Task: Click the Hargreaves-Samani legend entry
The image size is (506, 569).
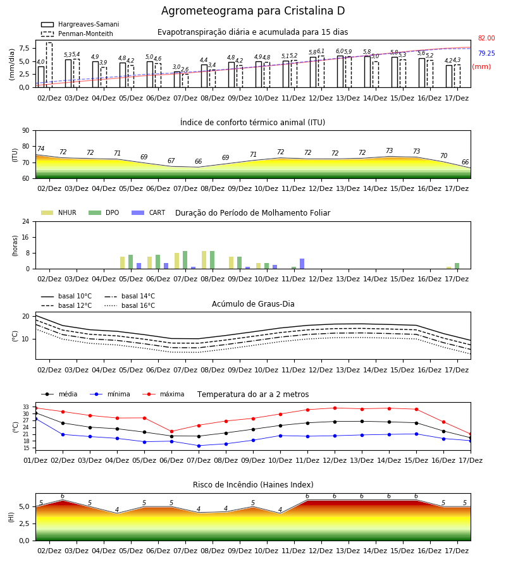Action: click(x=80, y=24)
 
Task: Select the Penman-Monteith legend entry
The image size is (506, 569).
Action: click(x=77, y=34)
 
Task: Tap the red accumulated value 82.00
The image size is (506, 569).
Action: click(x=486, y=38)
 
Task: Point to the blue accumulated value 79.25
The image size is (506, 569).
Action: click(x=486, y=53)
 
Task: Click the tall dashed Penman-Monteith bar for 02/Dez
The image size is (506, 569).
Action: click(x=49, y=65)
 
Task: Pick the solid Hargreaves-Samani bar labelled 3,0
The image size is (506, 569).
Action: click(x=177, y=80)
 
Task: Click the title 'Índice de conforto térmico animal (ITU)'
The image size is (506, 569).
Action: click(x=252, y=122)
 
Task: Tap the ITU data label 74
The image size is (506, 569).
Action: click(x=40, y=149)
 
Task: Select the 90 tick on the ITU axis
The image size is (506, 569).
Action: click(x=26, y=131)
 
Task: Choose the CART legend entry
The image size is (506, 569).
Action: click(x=149, y=212)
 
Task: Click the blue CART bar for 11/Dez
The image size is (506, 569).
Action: click(x=302, y=264)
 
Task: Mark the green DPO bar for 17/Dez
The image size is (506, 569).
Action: click(x=457, y=266)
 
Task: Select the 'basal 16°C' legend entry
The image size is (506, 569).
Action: click(x=130, y=305)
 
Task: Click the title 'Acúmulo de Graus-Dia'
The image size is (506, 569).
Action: click(x=253, y=303)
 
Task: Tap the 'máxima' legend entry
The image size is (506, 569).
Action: click(x=164, y=394)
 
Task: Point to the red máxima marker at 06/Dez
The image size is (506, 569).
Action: click(x=171, y=431)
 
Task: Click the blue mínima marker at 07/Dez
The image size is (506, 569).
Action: click(x=199, y=446)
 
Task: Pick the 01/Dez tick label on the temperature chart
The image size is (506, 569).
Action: click(x=35, y=460)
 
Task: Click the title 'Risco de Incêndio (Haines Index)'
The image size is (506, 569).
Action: click(x=253, y=484)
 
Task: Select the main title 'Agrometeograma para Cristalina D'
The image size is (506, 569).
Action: click(x=253, y=11)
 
